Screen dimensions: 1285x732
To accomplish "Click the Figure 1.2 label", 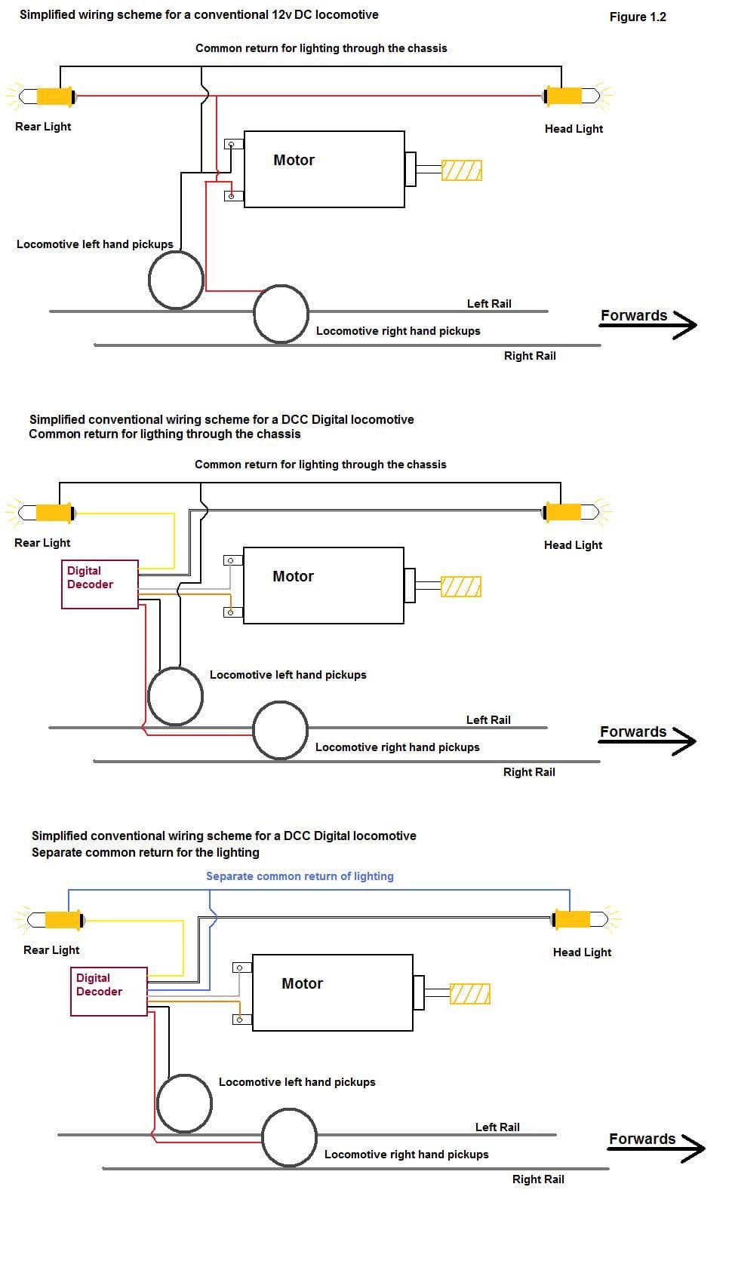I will (x=638, y=17).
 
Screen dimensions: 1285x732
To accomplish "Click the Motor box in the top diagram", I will (x=324, y=170).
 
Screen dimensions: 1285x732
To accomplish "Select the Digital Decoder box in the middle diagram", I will (x=100, y=584).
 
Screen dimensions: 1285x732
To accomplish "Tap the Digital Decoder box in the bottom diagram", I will (x=109, y=991).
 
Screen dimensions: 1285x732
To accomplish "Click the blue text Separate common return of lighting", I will (x=300, y=876).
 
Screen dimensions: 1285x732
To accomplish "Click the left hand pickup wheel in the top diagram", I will (x=176, y=280).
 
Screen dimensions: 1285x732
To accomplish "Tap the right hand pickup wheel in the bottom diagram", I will (x=289, y=1136).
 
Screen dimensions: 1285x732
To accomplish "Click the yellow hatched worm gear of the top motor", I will (x=461, y=170).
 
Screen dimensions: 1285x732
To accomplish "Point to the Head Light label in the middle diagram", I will (x=573, y=544).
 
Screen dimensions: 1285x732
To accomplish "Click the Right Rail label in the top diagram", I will (x=530, y=356).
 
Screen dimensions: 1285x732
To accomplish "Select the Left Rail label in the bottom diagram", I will (x=497, y=1127).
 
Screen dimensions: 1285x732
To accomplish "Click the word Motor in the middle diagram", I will (x=293, y=576).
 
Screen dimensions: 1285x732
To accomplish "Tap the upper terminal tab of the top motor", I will (x=233, y=143).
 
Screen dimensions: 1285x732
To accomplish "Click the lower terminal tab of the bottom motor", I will (x=241, y=1020).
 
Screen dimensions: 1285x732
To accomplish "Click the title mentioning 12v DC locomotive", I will (x=199, y=14).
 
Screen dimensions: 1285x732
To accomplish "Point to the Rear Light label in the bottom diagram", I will (x=51, y=950).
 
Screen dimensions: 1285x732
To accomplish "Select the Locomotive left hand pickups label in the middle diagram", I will (x=288, y=675).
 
